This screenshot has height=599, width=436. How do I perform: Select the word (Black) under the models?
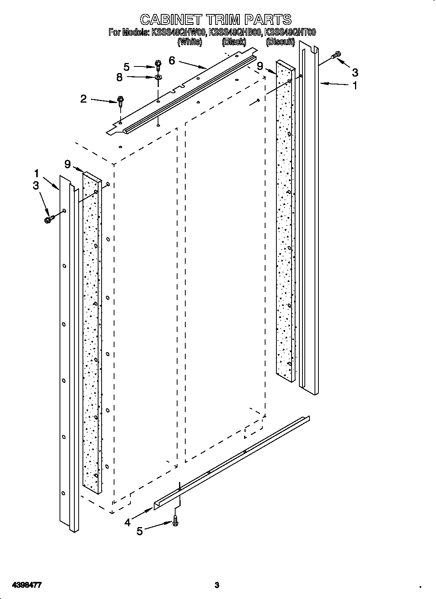tap(234, 42)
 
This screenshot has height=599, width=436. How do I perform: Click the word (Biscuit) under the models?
tap(280, 42)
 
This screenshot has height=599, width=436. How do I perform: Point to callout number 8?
tap(119, 77)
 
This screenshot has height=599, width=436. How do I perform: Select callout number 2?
tap(83, 99)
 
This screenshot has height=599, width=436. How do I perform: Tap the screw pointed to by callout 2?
tap(120, 101)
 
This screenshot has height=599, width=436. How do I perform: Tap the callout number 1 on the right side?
tap(354, 86)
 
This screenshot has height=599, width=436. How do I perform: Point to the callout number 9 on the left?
tap(68, 164)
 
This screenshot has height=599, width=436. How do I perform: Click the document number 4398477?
tap(27, 574)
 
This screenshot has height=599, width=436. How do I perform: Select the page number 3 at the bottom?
tap(217, 574)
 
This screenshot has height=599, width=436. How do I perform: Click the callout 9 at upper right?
tap(260, 66)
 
